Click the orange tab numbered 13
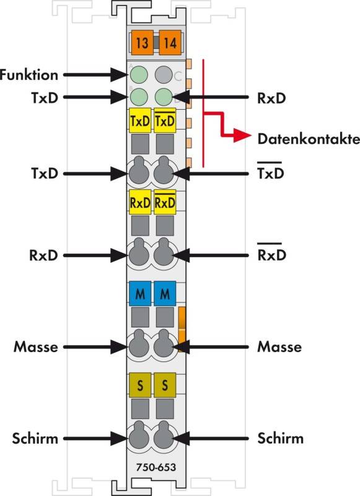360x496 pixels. click(143, 43)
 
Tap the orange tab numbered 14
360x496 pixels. click(170, 43)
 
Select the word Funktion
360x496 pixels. click(29, 75)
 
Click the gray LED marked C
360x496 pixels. click(164, 75)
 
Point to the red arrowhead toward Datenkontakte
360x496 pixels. click(242, 135)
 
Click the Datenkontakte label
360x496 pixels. click(309, 139)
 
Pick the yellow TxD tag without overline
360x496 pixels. click(140, 120)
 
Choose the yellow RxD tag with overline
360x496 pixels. click(165, 202)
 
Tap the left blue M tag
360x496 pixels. click(140, 293)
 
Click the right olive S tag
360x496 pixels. click(165, 385)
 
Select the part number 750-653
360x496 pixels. click(156, 467)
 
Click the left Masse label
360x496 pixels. click(36, 347)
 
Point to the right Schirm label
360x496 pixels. click(280, 438)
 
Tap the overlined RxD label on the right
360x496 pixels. click(272, 252)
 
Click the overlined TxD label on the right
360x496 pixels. click(271, 171)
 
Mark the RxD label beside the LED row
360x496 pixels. click(271, 98)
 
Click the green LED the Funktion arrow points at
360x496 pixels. click(139, 75)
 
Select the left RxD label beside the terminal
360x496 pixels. click(43, 255)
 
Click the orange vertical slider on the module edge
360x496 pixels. click(182, 329)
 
